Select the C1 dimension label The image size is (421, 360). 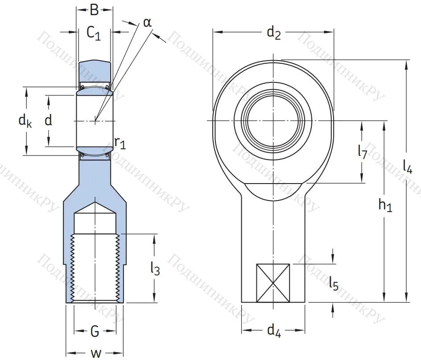(94, 33)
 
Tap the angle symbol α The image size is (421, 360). (147, 22)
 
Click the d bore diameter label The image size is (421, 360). (48, 120)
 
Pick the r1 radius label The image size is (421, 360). (120, 143)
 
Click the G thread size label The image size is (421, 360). (95, 331)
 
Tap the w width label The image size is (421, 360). (95, 353)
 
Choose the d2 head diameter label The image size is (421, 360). (273, 33)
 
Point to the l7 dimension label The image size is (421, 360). (362, 152)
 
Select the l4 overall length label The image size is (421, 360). (407, 166)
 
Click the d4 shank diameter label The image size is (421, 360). (273, 331)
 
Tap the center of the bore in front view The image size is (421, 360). (273, 121)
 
